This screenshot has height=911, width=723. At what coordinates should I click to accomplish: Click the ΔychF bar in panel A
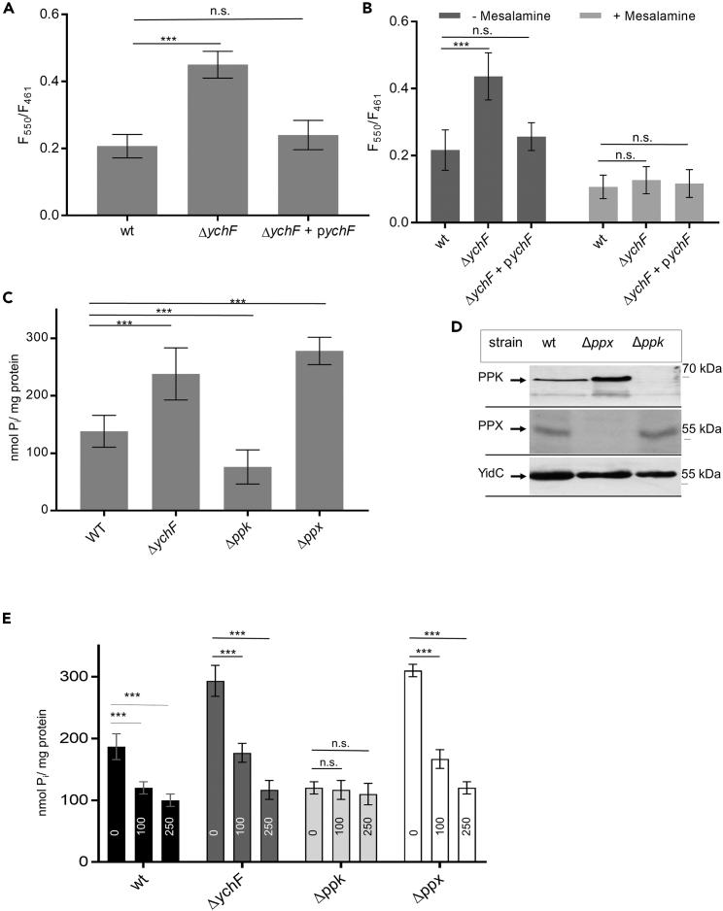(x=203, y=140)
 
